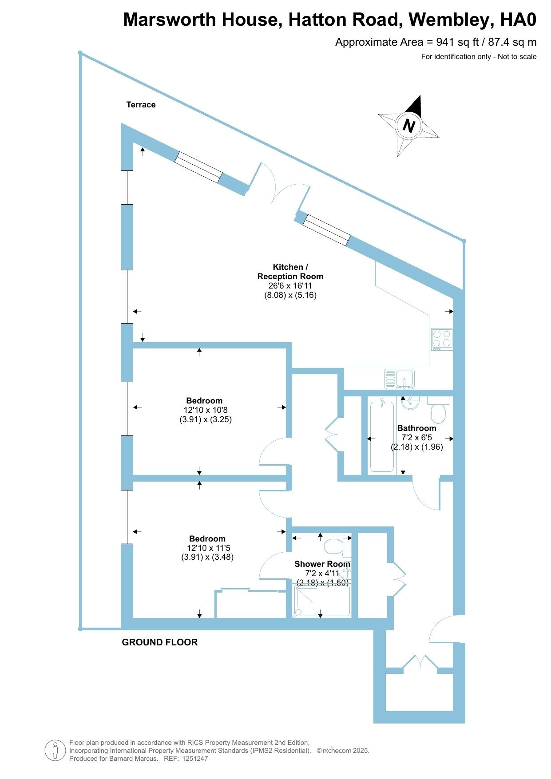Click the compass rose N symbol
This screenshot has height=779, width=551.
click(409, 126)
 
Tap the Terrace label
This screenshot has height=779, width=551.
click(141, 105)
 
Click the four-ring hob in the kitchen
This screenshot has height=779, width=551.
click(442, 339)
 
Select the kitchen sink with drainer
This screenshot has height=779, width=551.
click(399, 379)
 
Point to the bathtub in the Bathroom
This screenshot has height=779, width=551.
click(382, 435)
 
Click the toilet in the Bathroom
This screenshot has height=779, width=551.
click(438, 409)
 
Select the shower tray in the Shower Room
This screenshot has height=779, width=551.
click(322, 600)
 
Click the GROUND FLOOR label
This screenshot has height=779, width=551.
click(160, 642)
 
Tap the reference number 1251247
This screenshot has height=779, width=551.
click(195, 759)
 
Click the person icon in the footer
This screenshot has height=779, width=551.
click(55, 751)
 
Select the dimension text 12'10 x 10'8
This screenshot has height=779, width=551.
click(206, 410)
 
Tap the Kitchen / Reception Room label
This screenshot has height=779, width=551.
click(290, 272)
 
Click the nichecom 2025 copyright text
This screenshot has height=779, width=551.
click(343, 751)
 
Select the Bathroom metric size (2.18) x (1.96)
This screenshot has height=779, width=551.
click(417, 447)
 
